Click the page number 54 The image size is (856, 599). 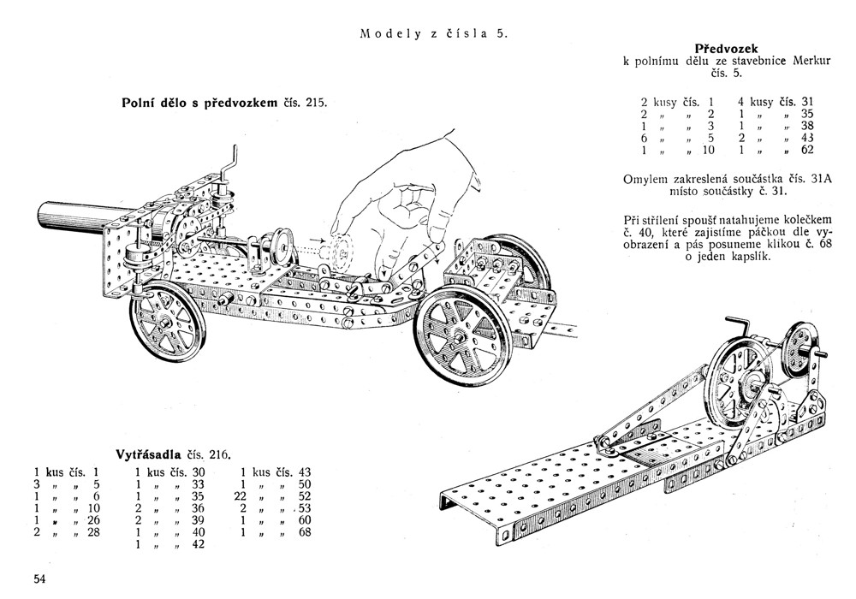pos(39,579)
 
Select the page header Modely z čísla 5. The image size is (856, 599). pos(434,34)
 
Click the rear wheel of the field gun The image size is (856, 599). pos(168,322)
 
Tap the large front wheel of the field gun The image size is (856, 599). pos(463,338)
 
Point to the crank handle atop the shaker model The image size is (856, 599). pos(739,325)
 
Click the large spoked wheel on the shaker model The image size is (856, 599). pos(737,377)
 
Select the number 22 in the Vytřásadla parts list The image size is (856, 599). pos(241,496)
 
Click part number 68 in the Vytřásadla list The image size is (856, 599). pos(305,532)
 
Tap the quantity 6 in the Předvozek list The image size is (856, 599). pos(645,138)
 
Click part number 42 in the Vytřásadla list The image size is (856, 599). pos(198,544)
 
